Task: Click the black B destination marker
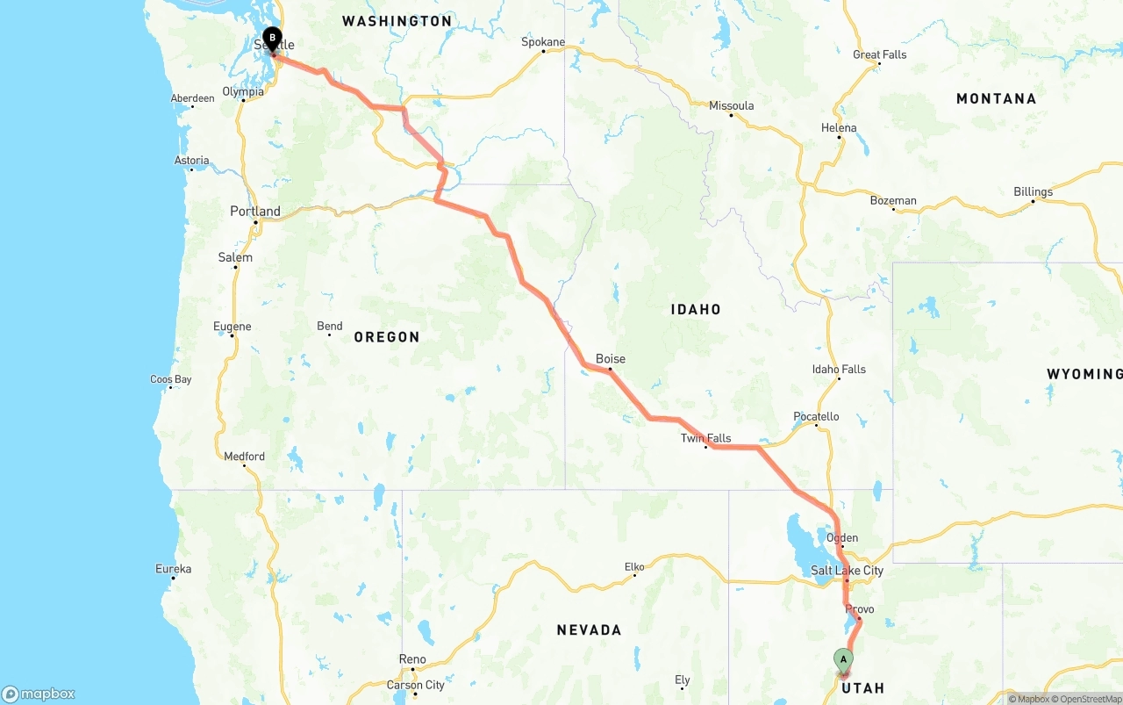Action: point(273,39)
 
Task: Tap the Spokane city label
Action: point(544,41)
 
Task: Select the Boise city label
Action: point(611,359)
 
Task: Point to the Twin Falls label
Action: point(705,438)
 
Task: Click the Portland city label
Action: point(255,212)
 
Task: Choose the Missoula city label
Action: point(731,105)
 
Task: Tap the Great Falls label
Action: point(879,54)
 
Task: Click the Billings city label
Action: point(1033,191)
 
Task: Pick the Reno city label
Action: point(412,659)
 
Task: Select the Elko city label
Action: point(634,567)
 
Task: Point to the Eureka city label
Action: point(173,569)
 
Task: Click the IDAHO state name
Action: point(696,309)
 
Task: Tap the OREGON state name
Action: point(387,337)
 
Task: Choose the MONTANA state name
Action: point(996,98)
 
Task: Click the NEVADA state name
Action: point(589,629)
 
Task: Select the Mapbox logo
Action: point(39,694)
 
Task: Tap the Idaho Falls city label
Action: point(839,369)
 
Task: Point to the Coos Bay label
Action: point(170,379)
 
